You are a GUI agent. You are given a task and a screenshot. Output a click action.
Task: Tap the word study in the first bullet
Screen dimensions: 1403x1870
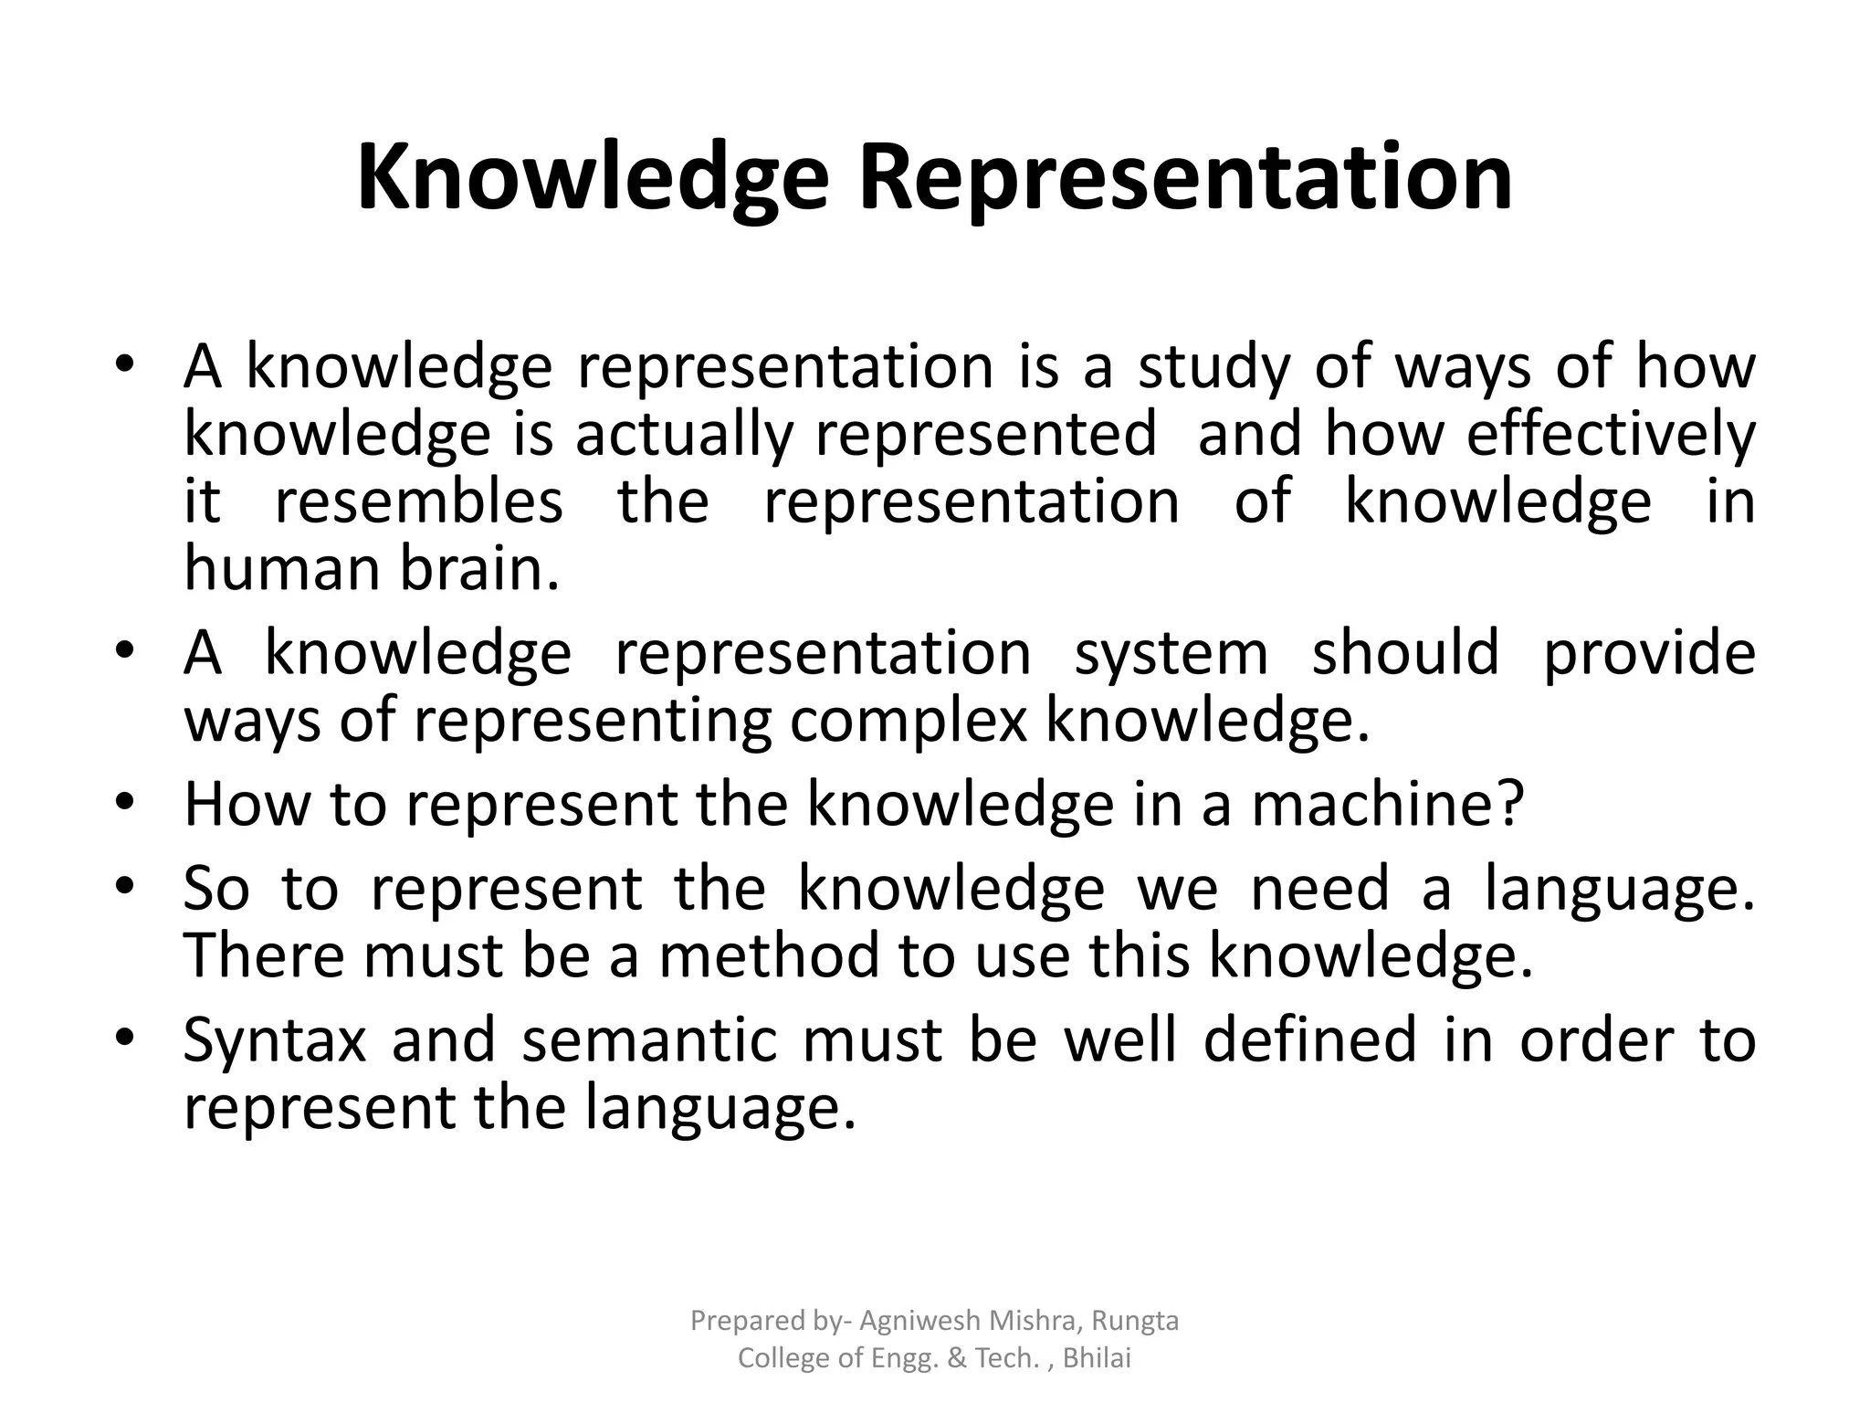pyautogui.click(x=1213, y=367)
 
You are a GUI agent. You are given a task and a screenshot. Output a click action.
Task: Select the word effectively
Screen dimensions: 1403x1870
pyautogui.click(x=1611, y=435)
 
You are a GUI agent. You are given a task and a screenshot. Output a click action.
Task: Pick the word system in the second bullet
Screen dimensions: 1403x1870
pyautogui.click(x=1171, y=653)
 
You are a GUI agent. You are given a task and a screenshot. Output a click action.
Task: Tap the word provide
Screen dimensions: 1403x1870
pyautogui.click(x=1649, y=653)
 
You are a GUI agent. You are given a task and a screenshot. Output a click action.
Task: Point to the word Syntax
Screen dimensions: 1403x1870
pyautogui.click(x=275, y=1041)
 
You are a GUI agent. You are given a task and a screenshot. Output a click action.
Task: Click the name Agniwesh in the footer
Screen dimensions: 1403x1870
pyautogui.click(x=918, y=1321)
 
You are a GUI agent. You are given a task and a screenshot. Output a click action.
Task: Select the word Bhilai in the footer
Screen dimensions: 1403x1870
pyautogui.click(x=1098, y=1358)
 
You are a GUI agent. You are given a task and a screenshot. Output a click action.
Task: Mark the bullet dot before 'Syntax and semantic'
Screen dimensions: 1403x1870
pyautogui.click(x=125, y=1039)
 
